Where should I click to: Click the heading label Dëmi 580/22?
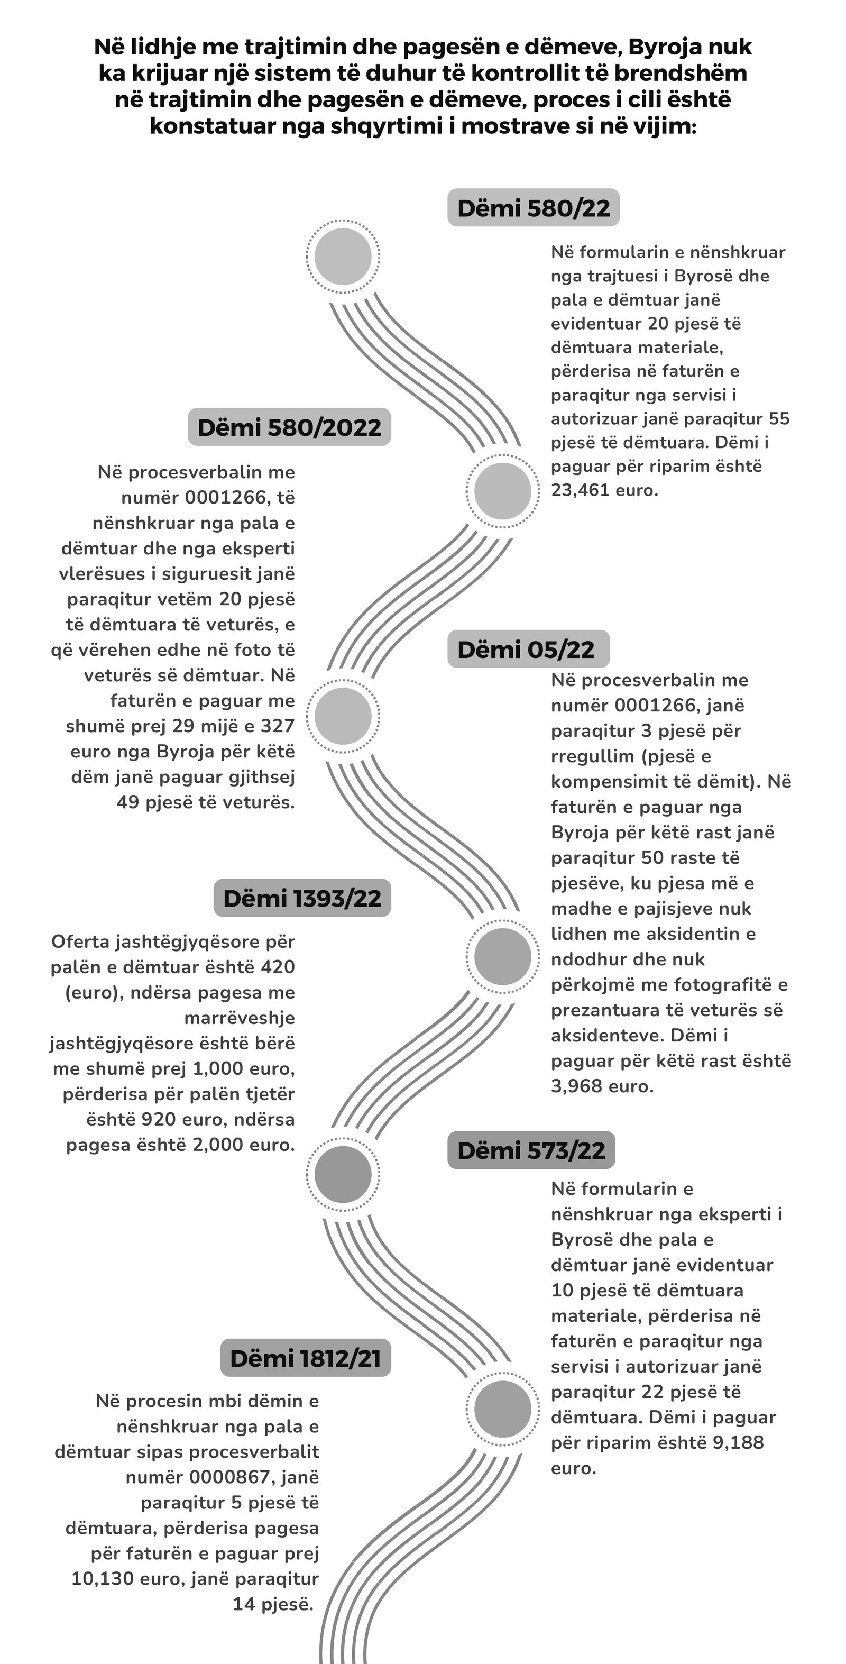pyautogui.click(x=533, y=208)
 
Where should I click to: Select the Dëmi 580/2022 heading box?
pyautogui.click(x=289, y=427)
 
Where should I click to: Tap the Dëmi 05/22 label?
pyautogui.click(x=526, y=649)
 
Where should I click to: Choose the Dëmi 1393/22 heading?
pyautogui.click(x=302, y=898)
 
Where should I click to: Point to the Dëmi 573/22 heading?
pyautogui.click(x=531, y=1150)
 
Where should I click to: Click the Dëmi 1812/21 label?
pyautogui.click(x=306, y=1358)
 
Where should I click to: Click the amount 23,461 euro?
pyautogui.click(x=604, y=490)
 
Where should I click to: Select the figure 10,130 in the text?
pyautogui.click(x=103, y=1579)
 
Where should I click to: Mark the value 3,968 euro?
pyautogui.click(x=602, y=1086)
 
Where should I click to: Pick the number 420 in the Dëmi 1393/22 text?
pyautogui.click(x=278, y=967)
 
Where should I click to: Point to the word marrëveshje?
pyautogui.click(x=240, y=1018)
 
